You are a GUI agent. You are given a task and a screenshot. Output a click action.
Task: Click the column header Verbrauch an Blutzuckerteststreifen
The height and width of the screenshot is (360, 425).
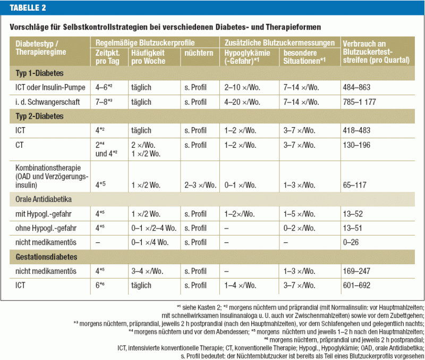(376, 52)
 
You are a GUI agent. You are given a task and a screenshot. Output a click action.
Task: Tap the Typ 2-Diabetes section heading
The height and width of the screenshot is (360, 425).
(35, 115)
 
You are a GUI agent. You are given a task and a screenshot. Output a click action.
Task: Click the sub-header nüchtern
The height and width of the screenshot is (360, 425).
(199, 53)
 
